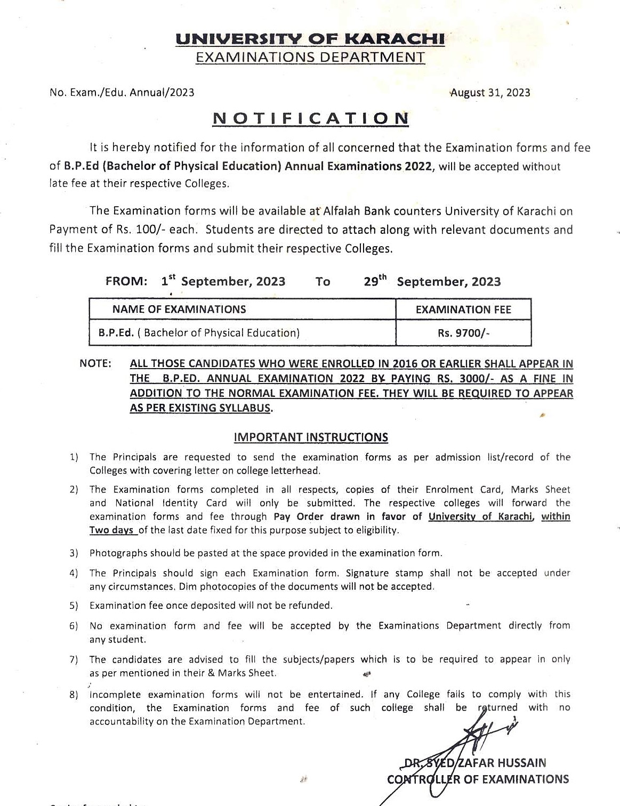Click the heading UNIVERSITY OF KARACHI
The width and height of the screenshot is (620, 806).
[310, 39]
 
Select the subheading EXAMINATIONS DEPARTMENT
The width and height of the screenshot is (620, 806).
[310, 58]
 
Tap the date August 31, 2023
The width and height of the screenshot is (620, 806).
[490, 93]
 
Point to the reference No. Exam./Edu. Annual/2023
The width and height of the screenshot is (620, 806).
[122, 93]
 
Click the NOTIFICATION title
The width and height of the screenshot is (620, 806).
[310, 118]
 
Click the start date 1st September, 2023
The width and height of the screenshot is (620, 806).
[223, 281]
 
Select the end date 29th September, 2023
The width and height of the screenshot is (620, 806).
[432, 281]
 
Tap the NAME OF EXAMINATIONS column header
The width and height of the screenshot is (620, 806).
[179, 310]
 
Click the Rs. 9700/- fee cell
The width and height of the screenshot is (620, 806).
[463, 333]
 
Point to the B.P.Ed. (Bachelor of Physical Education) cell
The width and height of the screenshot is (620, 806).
[199, 333]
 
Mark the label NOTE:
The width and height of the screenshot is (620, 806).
[95, 364]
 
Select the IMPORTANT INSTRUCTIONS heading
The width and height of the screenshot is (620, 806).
[311, 437]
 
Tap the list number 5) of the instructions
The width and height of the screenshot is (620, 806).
[74, 606]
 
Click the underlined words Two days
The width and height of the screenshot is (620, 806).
[111, 531]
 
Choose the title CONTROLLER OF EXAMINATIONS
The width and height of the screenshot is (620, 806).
[478, 779]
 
